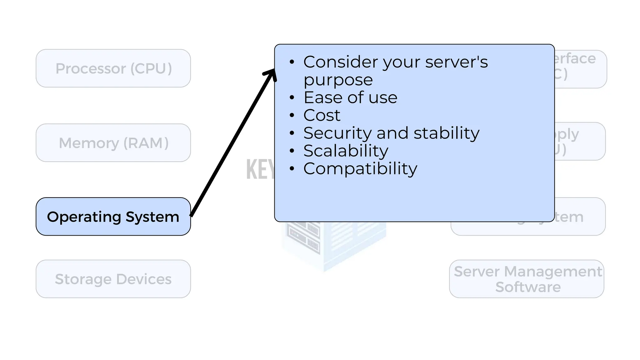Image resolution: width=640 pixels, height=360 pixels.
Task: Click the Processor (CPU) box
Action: click(113, 68)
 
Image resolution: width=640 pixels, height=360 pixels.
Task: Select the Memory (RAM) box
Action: click(113, 143)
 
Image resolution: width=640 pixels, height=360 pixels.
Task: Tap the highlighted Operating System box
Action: click(113, 217)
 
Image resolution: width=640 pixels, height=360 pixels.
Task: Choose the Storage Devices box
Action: click(113, 279)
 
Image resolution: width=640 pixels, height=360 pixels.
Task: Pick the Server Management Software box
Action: click(527, 279)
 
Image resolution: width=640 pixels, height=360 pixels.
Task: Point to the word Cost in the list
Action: click(322, 115)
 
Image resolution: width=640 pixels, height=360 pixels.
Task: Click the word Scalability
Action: click(346, 151)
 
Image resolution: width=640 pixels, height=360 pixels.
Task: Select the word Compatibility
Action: click(360, 169)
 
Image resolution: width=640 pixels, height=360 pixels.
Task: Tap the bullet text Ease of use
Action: click(350, 97)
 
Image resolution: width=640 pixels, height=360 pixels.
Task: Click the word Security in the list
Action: click(337, 133)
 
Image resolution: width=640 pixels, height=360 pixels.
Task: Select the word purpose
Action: click(338, 80)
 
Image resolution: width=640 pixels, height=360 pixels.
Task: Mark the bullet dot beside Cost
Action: click(292, 115)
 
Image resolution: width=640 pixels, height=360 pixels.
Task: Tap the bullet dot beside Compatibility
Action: click(292, 169)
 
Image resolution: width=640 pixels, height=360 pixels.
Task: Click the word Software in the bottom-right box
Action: click(528, 287)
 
